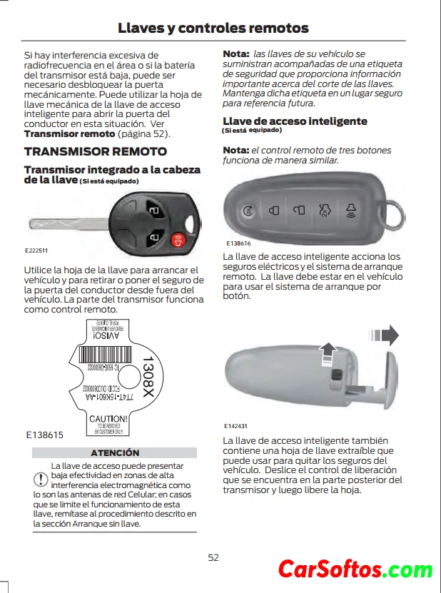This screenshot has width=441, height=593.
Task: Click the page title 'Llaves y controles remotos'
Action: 213,28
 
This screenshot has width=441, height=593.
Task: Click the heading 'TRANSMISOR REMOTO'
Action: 95,151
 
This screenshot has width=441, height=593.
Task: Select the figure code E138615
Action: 44,434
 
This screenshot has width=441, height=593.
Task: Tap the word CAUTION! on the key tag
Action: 108,419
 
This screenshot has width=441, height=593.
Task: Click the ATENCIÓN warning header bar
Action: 115,452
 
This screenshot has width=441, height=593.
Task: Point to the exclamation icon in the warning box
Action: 40,479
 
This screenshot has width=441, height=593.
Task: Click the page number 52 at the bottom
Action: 213,557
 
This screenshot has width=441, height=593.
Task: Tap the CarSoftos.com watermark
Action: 355,569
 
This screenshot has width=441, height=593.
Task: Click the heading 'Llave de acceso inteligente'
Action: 295,121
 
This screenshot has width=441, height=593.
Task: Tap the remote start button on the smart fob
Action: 248,211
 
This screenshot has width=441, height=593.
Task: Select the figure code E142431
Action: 235,426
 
